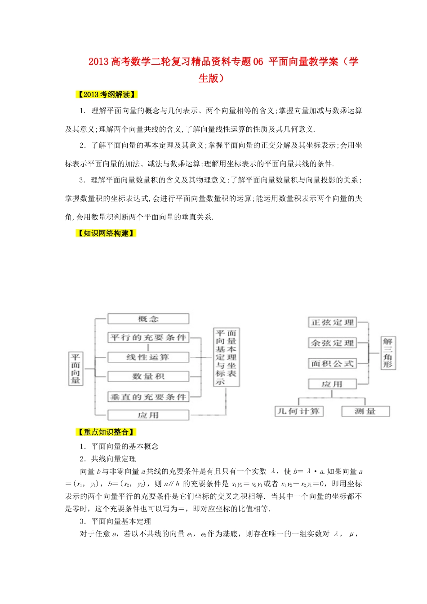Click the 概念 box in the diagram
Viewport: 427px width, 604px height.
pyautogui.click(x=148, y=319)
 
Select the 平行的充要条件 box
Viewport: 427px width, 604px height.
pyautogui.click(x=148, y=338)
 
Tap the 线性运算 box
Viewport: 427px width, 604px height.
pyautogui.click(x=148, y=357)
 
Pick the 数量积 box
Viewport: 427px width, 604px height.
pyautogui.click(x=148, y=377)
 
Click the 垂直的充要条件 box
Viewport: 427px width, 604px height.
pyautogui.click(x=148, y=397)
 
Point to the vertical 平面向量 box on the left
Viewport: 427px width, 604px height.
pyautogui.click(x=76, y=369)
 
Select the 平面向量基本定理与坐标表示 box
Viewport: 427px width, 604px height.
pyautogui.click(x=226, y=357)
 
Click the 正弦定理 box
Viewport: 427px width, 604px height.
pyautogui.click(x=333, y=322)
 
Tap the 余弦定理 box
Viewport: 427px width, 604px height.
pyautogui.click(x=333, y=343)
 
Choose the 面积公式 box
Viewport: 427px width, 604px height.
pyautogui.click(x=333, y=363)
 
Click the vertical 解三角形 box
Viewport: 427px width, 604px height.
pyautogui.click(x=387, y=353)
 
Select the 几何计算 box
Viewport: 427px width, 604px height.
pyautogui.click(x=298, y=411)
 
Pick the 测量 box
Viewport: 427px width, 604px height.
pyautogui.click(x=365, y=411)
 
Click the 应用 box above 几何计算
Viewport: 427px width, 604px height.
pyautogui.click(x=332, y=384)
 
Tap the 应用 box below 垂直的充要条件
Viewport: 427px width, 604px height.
pyautogui.click(x=148, y=415)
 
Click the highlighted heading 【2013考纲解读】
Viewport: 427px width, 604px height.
pyautogui.click(x=107, y=94)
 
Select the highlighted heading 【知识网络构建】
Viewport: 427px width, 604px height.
pyautogui.click(x=106, y=233)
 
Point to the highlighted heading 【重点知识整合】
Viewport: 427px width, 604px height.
pyautogui.click(x=106, y=432)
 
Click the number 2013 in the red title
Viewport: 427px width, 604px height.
pyautogui.click(x=98, y=62)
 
